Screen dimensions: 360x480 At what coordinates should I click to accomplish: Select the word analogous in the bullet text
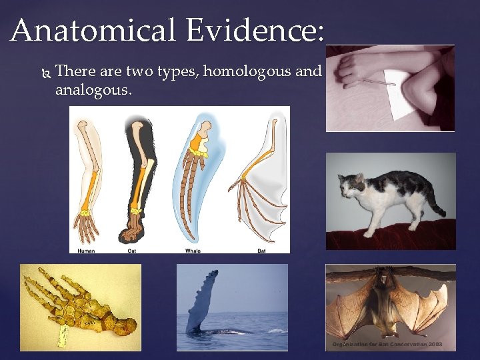[93, 89]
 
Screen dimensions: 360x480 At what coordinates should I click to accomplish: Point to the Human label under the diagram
[86, 251]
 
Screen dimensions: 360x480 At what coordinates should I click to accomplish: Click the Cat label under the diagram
[132, 251]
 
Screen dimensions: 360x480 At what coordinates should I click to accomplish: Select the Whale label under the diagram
[193, 251]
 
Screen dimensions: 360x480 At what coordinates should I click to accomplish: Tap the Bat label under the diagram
[261, 251]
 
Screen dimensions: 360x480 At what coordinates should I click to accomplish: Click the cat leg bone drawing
[137, 180]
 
